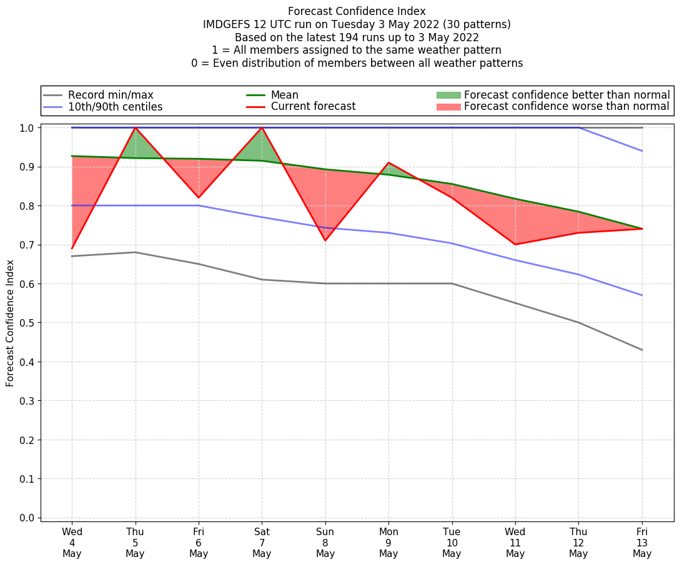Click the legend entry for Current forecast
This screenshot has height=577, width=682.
313,107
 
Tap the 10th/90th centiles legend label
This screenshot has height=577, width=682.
115,107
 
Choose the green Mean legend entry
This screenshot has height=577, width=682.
284,95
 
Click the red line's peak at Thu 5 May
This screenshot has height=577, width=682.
136,127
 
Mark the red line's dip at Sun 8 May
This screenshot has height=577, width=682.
325,240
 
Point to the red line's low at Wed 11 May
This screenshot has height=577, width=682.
515,244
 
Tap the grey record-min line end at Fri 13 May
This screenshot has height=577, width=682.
641,350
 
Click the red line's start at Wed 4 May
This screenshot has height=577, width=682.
72,249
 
